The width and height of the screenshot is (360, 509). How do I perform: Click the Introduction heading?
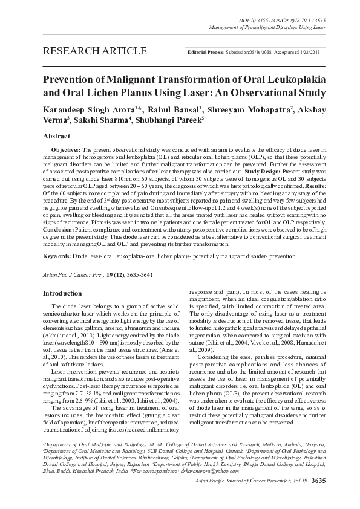coord(62,293)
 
